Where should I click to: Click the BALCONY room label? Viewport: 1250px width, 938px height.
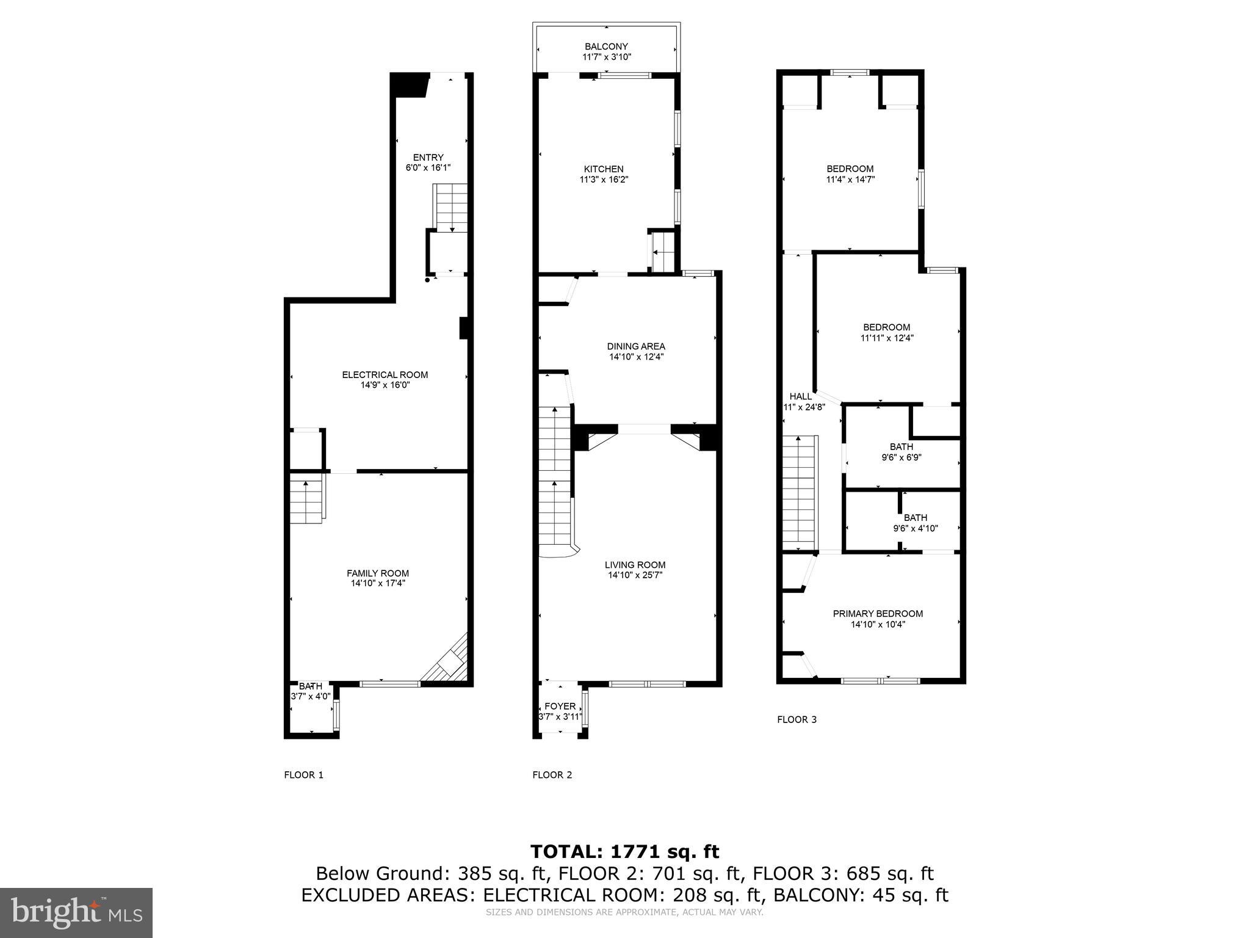pos(606,46)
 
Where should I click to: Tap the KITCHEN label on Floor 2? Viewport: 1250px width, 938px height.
pos(604,169)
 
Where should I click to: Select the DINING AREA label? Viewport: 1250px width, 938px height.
pos(636,346)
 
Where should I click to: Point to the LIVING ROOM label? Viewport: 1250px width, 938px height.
pos(635,565)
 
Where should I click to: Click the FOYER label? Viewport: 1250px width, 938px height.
pos(560,707)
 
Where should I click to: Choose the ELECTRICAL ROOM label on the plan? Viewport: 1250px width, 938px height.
pos(385,375)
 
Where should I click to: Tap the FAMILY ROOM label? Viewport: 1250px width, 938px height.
pos(378,573)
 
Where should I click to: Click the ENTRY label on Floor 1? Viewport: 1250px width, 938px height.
pos(428,158)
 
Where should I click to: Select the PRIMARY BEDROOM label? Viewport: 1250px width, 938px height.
pos(878,614)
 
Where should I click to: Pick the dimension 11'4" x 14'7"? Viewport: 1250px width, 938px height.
pos(850,180)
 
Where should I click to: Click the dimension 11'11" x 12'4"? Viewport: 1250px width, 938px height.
pos(887,338)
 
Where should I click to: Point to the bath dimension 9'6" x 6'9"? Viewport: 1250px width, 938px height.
pos(901,457)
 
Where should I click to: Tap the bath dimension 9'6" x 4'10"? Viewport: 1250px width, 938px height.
pos(916,528)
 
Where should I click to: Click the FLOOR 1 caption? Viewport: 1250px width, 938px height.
pos(304,775)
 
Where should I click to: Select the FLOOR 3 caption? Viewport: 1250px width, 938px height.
pos(797,719)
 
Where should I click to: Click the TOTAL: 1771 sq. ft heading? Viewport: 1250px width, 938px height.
pos(625,851)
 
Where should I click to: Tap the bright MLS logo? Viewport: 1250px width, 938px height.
pos(76,912)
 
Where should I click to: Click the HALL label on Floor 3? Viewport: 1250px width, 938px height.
pos(801,396)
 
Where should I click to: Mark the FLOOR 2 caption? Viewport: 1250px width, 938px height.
pos(552,775)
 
